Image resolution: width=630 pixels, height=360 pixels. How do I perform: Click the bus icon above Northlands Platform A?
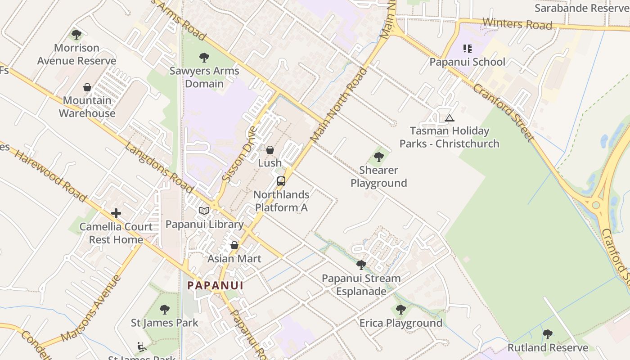[x=281, y=181]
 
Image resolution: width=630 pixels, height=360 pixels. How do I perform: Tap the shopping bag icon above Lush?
[x=270, y=150]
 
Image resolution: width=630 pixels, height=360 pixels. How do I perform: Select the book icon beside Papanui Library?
[x=204, y=211]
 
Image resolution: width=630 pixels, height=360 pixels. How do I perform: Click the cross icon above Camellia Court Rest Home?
[x=116, y=213]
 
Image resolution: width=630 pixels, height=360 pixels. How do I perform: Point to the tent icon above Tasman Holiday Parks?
[x=449, y=118]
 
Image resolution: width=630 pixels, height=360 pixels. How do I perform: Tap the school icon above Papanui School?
[x=468, y=49]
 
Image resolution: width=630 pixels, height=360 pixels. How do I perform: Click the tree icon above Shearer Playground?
[x=379, y=157]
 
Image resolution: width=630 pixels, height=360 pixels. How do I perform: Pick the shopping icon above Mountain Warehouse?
[x=87, y=87]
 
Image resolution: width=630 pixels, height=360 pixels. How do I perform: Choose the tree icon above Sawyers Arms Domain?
[x=204, y=58]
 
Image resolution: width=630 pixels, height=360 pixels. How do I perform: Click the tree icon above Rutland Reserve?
[x=548, y=334]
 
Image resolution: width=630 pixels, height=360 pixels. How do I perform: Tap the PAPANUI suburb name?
[x=215, y=285]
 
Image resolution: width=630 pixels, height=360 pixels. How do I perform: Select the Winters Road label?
[x=517, y=23]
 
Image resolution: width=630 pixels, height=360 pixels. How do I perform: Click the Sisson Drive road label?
[x=239, y=154]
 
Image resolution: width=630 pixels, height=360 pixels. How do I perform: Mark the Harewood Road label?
[x=50, y=175]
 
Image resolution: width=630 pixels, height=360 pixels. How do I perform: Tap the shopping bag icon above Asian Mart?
[x=234, y=245]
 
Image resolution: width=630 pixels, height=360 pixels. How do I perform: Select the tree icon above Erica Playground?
[x=401, y=310]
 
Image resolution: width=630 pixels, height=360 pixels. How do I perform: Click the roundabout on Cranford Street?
[x=596, y=205]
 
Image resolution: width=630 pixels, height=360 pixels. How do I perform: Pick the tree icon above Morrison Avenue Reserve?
[x=76, y=34]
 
